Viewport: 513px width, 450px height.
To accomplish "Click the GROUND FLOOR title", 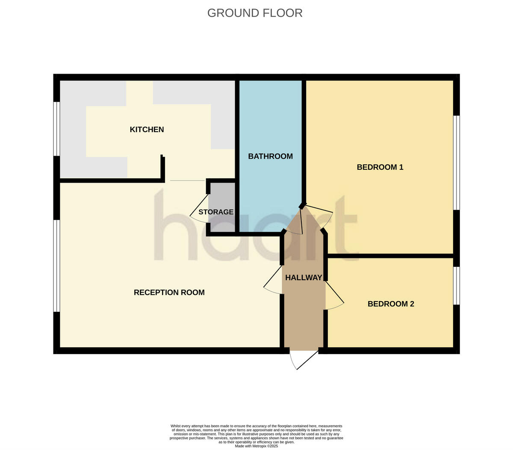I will (x=255, y=13).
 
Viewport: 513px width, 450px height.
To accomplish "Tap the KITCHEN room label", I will (x=147, y=130).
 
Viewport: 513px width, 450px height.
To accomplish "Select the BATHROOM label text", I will (x=270, y=157).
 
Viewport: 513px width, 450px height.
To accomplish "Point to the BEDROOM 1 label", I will (x=380, y=167).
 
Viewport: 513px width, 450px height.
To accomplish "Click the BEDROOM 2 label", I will (x=391, y=304).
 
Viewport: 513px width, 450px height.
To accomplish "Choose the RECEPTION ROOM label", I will (x=169, y=293).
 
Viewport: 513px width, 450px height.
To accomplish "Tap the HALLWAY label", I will (x=304, y=278).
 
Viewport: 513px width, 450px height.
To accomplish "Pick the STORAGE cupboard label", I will (x=216, y=212).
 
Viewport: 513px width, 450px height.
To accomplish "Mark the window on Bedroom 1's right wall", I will (x=456, y=163).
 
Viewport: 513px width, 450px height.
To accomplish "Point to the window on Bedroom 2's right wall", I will (x=456, y=285).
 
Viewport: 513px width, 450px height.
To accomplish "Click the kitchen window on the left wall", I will (x=56, y=129).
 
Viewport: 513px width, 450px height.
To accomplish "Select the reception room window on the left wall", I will (x=56, y=266).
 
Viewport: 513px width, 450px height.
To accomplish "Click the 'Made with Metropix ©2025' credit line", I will (x=256, y=446).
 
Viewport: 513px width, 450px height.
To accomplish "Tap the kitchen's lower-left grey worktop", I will (x=93, y=167).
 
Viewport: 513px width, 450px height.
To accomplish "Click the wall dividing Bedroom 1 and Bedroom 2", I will (x=390, y=256).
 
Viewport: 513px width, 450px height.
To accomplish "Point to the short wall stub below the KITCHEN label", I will (x=162, y=168).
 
